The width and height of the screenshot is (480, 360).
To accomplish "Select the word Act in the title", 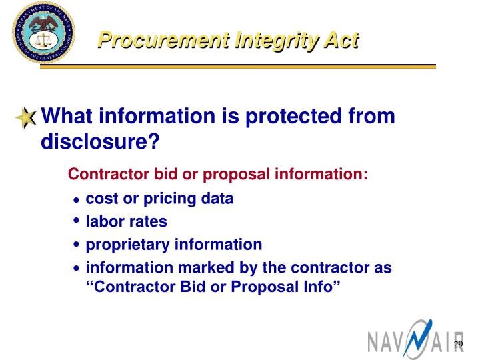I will (x=340, y=41).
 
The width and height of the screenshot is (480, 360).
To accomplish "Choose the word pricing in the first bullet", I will (x=168, y=199).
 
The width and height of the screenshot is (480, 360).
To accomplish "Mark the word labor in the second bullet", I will (x=103, y=221).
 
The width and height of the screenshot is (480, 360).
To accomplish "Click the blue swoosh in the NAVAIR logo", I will (x=415, y=337).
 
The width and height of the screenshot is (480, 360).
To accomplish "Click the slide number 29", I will (x=458, y=344).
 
